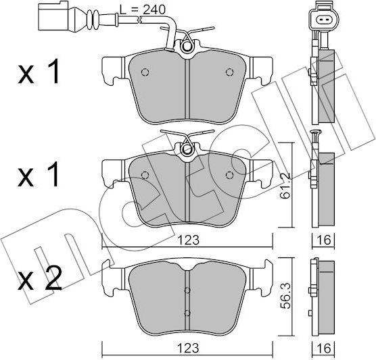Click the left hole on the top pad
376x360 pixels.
click(145, 72)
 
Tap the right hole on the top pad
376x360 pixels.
click(229, 71)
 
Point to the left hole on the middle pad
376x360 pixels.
click(145, 174)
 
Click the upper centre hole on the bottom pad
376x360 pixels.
click(187, 291)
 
